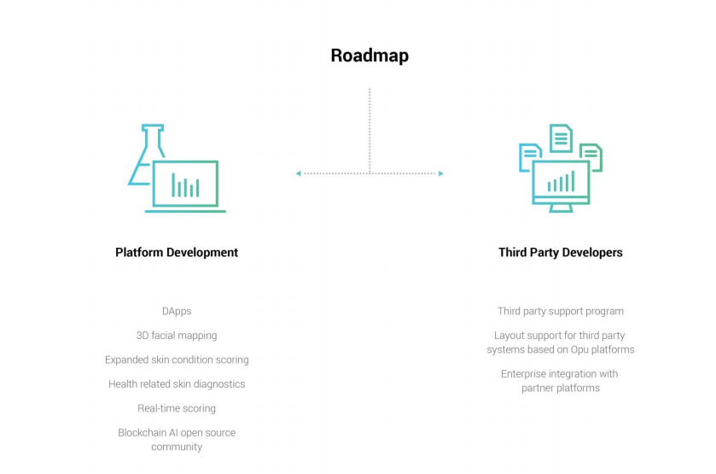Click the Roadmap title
pyautogui.click(x=370, y=56)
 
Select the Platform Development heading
pyautogui.click(x=177, y=252)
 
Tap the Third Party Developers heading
pyautogui.click(x=561, y=252)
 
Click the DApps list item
pyautogui.click(x=177, y=312)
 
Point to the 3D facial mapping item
pyautogui.click(x=177, y=336)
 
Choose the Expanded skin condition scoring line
pyautogui.click(x=177, y=360)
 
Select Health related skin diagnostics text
pyautogui.click(x=177, y=383)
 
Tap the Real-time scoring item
pyautogui.click(x=177, y=408)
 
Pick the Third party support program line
pyautogui.click(x=561, y=312)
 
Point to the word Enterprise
pyautogui.click(x=525, y=373)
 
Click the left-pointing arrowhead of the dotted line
pyautogui.click(x=299, y=173)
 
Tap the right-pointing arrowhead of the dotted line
pyautogui.click(x=440, y=173)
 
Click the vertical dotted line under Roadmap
pyautogui.click(x=370, y=128)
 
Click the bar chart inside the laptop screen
pyautogui.click(x=185, y=185)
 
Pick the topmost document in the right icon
pyautogui.click(x=561, y=138)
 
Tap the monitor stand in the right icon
pyautogui.click(x=561, y=208)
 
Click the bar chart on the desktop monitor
pyautogui.click(x=561, y=182)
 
